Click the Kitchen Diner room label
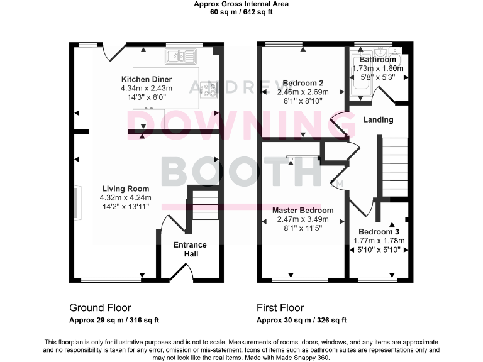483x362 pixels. click(x=147, y=79)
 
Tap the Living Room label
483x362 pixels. click(x=124, y=188)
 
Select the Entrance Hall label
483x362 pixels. click(x=191, y=249)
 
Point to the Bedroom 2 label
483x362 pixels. click(x=303, y=83)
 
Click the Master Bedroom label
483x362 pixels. click(x=303, y=210)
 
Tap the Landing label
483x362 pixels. click(x=378, y=119)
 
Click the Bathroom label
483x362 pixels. click(x=377, y=60)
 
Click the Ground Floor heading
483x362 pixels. click(x=100, y=308)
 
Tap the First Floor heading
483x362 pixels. click(x=280, y=308)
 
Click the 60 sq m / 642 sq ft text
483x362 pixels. click(x=241, y=11)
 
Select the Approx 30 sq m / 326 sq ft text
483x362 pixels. click(x=301, y=320)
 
